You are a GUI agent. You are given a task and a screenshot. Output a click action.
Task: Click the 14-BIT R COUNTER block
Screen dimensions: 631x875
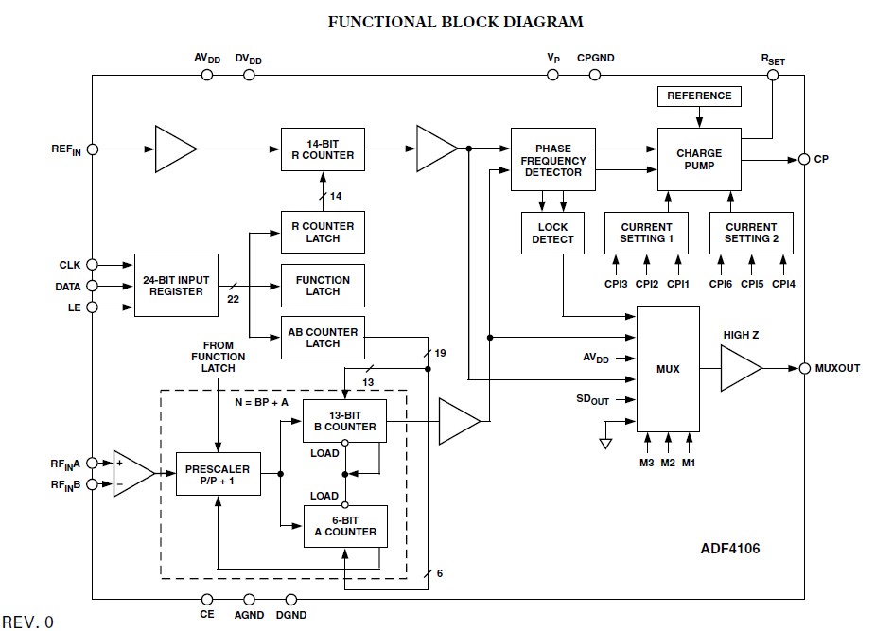point(323,149)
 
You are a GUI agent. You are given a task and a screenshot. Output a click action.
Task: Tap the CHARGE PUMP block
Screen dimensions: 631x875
point(699,159)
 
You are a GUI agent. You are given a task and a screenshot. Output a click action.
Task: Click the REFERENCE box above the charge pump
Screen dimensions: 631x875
point(699,96)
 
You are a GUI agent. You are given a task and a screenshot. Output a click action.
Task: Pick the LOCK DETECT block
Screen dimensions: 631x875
point(552,233)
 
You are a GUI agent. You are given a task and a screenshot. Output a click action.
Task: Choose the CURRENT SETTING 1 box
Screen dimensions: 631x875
point(646,233)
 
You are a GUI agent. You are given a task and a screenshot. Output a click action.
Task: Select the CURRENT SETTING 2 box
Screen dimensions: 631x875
point(751,233)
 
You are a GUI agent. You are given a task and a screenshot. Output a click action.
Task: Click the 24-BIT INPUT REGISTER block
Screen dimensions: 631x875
point(176,285)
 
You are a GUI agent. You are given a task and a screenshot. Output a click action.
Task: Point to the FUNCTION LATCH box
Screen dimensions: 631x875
point(323,286)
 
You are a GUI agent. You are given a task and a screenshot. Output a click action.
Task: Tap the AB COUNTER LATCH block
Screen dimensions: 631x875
point(323,338)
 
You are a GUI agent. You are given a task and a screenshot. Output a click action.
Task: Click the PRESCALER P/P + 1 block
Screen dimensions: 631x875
point(218,475)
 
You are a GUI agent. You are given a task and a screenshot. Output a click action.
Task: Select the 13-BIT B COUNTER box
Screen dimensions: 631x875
point(344,421)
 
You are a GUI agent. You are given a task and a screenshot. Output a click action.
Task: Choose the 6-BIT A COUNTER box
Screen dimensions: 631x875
point(344,525)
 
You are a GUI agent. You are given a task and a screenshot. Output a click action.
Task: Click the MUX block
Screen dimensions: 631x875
point(668,368)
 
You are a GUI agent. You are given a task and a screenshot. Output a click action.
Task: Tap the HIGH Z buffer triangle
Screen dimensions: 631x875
point(739,368)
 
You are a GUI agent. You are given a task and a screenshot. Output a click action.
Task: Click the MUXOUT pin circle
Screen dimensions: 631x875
point(804,368)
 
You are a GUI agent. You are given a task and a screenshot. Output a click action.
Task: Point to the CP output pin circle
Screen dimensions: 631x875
point(804,159)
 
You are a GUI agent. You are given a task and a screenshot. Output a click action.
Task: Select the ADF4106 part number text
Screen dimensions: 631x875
point(729,549)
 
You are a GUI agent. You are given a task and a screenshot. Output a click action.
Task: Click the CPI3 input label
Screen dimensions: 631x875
point(617,284)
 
